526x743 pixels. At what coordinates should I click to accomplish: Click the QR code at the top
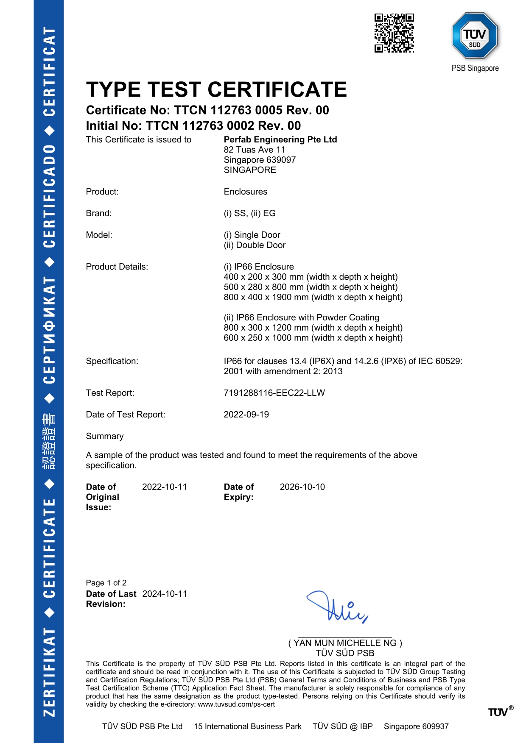394,33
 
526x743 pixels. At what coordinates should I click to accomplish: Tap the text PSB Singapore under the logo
475,68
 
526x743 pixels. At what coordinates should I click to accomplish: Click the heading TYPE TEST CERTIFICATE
216,90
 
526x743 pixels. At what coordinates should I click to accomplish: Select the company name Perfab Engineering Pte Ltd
280,139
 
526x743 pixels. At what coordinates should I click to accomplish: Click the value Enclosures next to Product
246,192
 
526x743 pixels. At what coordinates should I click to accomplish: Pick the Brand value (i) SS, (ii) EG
250,213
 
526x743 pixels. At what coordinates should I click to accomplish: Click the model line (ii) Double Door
255,245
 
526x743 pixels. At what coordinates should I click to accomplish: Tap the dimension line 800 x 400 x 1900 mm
313,297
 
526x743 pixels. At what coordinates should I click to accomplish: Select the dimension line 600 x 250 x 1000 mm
313,338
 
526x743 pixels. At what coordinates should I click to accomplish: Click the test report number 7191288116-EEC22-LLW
274,393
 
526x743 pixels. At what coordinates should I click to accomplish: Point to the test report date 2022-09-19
246,415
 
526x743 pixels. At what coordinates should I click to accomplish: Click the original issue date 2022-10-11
165,487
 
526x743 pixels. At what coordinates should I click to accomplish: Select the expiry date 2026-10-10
302,487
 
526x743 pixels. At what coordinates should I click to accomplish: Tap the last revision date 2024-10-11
165,594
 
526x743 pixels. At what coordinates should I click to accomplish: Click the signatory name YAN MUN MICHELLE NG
345,643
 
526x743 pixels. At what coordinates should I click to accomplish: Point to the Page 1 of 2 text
106,583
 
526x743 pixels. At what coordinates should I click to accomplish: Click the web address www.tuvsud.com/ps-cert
236,704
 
